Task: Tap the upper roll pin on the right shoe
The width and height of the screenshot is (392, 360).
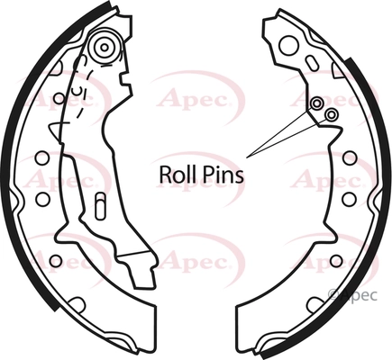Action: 316,104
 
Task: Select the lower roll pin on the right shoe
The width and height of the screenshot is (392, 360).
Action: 332,114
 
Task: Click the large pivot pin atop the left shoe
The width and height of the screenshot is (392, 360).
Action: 105,48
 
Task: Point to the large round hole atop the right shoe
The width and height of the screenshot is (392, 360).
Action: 289,45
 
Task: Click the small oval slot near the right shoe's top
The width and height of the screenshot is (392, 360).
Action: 311,63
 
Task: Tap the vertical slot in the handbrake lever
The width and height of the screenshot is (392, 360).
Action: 100,207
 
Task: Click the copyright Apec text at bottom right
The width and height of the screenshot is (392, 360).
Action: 353,295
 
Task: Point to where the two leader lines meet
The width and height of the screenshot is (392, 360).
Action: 247,157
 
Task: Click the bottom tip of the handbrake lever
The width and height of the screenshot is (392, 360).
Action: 144,287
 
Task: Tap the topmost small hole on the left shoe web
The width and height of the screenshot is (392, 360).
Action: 59,98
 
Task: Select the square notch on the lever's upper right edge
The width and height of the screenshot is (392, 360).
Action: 125,79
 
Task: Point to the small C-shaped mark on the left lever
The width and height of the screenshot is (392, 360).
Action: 78,90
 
